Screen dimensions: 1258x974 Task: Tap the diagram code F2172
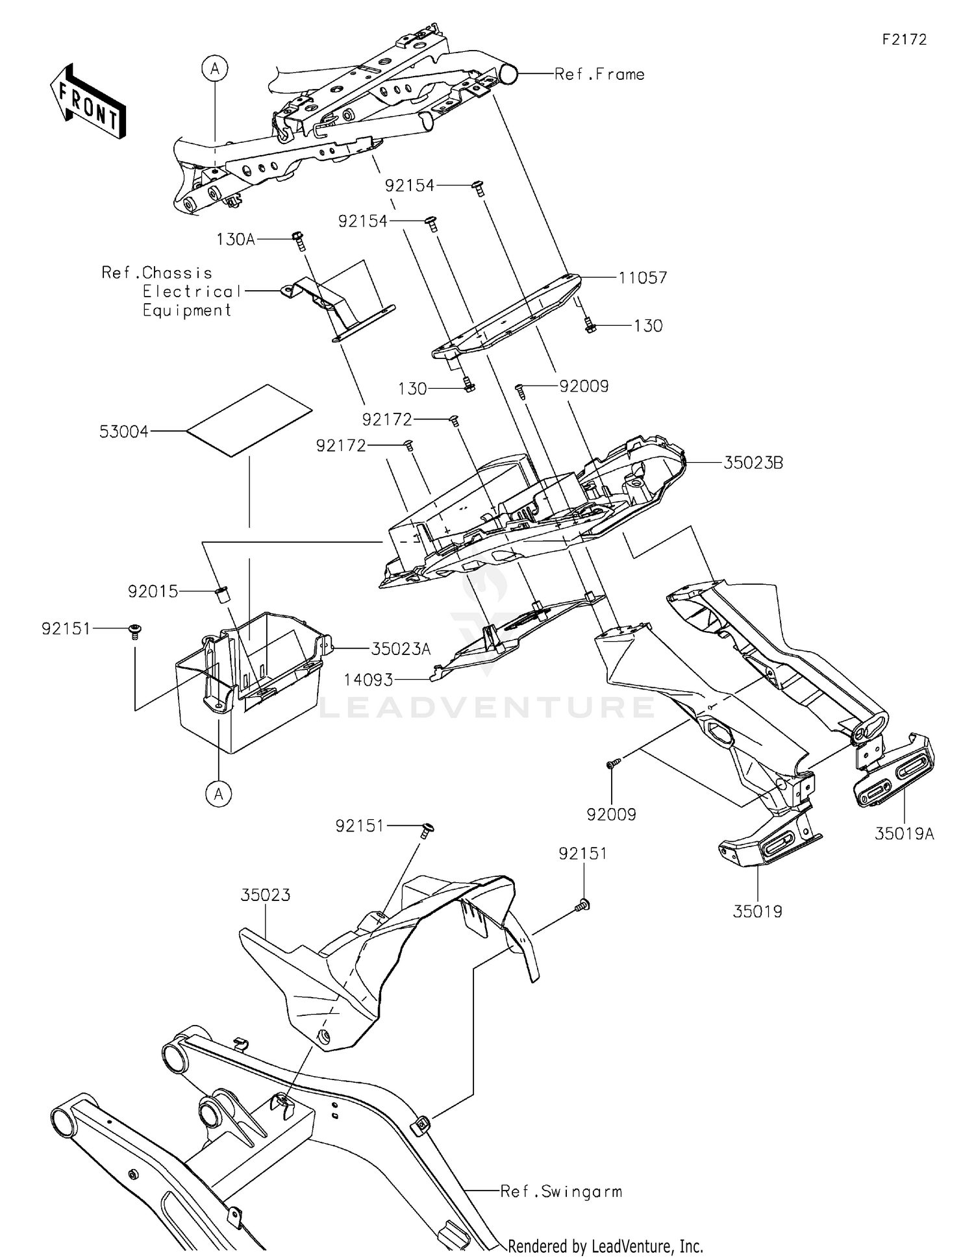(904, 40)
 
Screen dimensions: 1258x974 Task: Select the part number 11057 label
(642, 278)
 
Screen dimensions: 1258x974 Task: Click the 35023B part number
(753, 463)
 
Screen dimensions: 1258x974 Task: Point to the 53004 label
(124, 432)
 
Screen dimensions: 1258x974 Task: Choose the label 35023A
(401, 648)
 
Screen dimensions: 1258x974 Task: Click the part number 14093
(368, 680)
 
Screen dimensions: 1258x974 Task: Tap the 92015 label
(153, 591)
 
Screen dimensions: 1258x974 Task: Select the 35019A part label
(904, 834)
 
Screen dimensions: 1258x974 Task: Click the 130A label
(236, 240)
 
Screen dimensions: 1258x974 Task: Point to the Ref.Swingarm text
(561, 1191)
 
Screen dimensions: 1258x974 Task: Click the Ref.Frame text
(599, 75)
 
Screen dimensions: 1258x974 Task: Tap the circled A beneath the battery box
(219, 793)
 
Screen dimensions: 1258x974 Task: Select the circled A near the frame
(215, 68)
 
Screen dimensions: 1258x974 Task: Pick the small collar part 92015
(221, 593)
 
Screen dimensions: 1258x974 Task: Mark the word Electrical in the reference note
(192, 291)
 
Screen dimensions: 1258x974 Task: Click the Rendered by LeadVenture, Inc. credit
(605, 1246)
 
